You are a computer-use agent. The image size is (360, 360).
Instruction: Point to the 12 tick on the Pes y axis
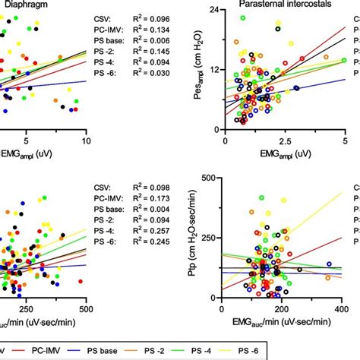click(214, 70)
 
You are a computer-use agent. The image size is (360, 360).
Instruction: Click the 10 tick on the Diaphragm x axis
click(85, 140)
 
